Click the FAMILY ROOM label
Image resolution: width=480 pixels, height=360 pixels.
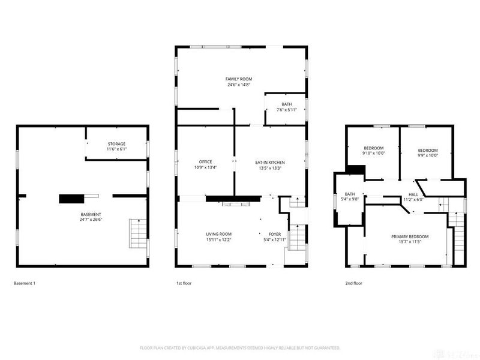pos(238,79)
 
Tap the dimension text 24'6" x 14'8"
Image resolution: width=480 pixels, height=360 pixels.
pos(238,85)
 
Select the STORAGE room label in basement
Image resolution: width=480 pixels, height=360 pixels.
pos(116,144)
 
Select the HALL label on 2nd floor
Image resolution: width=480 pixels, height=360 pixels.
pos(413,194)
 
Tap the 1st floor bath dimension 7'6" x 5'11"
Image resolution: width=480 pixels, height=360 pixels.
pos(287,110)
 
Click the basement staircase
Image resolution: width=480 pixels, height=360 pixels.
pos(138,233)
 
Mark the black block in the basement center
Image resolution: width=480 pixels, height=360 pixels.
pos(71,199)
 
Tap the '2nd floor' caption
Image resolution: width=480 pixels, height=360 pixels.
pos(353,283)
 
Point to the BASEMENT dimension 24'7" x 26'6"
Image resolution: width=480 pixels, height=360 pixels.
pos(91,220)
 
